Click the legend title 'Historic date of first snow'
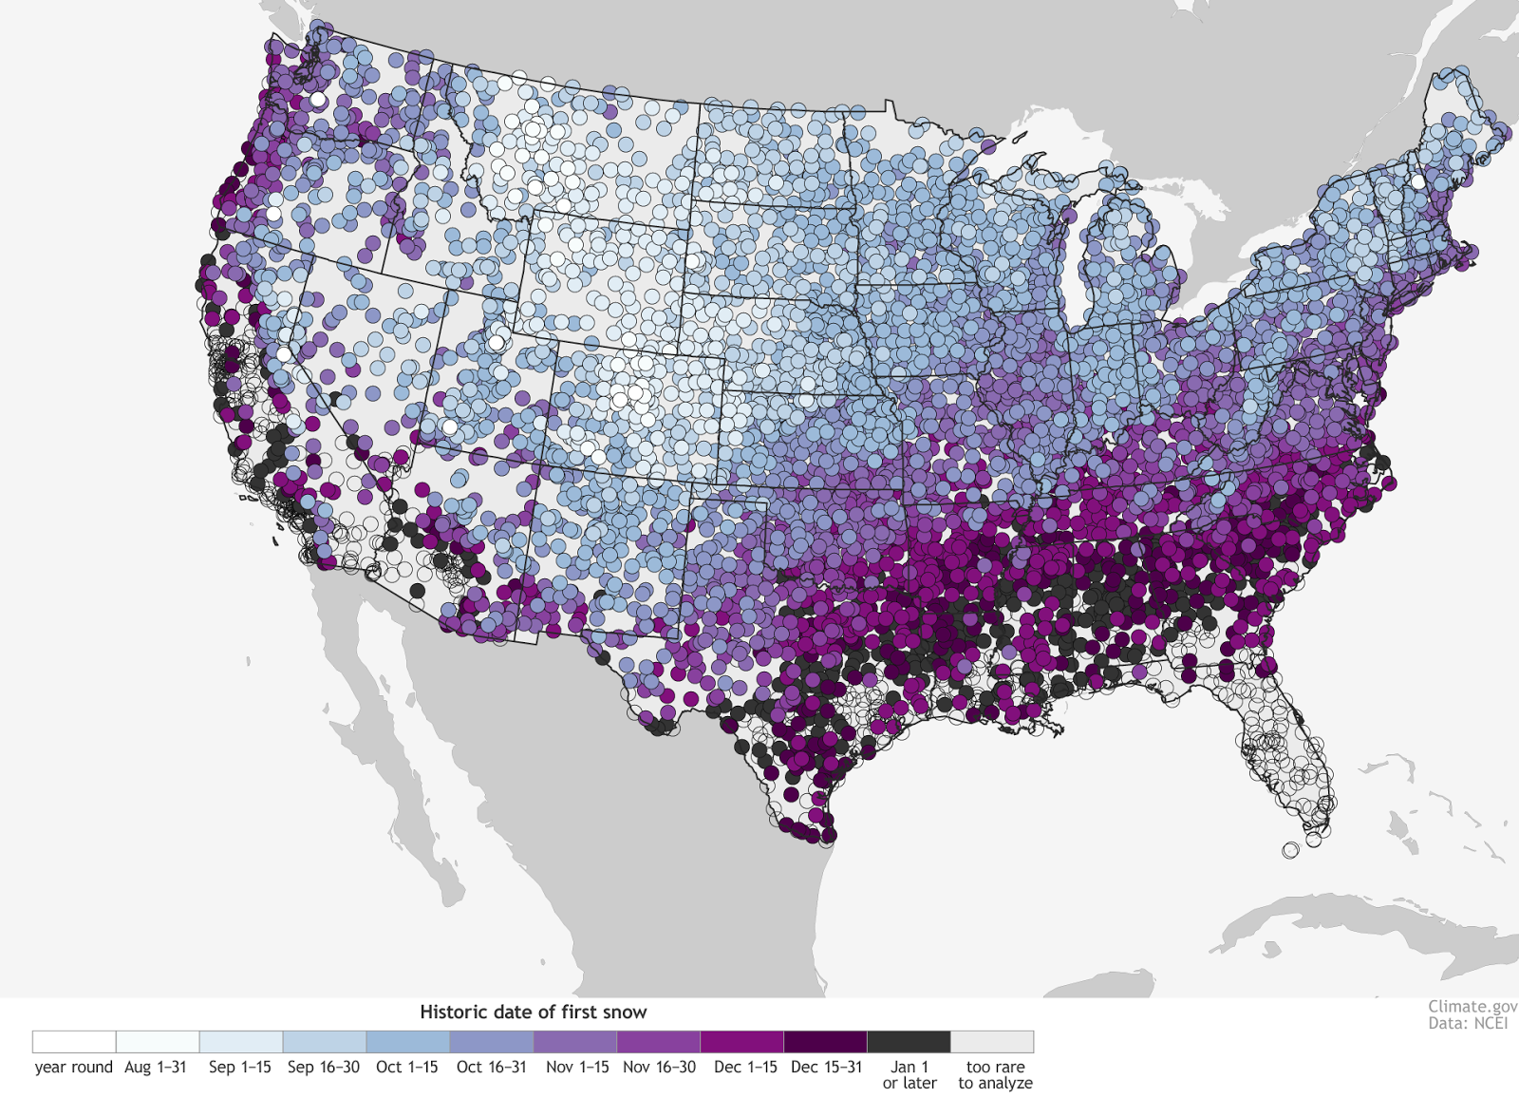coord(533,1013)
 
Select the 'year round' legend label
coord(73,1068)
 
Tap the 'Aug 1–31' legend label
coord(156,1068)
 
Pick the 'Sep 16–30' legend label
coord(324,1068)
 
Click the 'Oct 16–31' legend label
coord(491,1068)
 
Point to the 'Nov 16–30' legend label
coord(659,1068)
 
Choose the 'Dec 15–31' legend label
coord(826,1068)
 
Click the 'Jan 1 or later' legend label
coord(910,1075)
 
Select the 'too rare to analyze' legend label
coord(995,1075)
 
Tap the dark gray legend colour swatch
coord(909,1042)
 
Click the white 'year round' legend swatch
coord(74,1042)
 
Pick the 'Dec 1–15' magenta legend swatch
coord(741,1042)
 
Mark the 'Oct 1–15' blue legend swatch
coord(408,1042)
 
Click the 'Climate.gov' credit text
coord(1472,1007)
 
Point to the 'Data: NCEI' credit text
coord(1468,1024)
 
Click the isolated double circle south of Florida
coord(1290,850)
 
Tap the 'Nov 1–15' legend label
coord(577,1068)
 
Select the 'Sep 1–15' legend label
coord(239,1068)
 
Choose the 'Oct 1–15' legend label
coord(406,1068)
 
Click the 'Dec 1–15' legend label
coord(745,1068)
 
